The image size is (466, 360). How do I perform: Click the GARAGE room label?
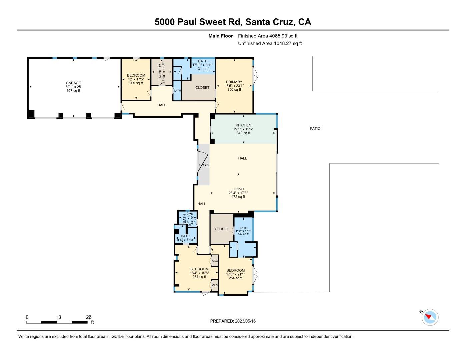click(x=73, y=83)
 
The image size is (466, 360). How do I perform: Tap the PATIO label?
click(x=315, y=129)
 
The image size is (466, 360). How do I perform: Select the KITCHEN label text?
click(x=243, y=125)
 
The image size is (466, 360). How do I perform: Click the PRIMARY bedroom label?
click(x=234, y=82)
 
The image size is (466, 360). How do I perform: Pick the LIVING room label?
click(x=238, y=189)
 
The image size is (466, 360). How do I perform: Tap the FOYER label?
click(x=204, y=165)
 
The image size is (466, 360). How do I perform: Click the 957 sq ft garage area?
click(x=73, y=91)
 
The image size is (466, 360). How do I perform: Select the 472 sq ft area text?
click(x=238, y=197)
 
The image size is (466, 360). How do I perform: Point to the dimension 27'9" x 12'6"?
click(x=243, y=129)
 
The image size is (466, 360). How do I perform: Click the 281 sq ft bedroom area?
click(x=199, y=277)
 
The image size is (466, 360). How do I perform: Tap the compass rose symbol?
click(x=430, y=317)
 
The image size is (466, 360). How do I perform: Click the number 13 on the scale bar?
click(x=58, y=317)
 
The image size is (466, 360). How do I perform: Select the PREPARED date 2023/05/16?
click(x=245, y=321)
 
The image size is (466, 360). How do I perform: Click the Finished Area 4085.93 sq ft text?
click(x=268, y=36)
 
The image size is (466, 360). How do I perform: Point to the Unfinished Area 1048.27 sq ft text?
click(x=270, y=43)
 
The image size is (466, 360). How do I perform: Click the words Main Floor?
click(x=220, y=36)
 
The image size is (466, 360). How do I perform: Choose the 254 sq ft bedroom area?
click(x=235, y=278)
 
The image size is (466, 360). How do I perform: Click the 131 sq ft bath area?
click(x=203, y=69)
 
